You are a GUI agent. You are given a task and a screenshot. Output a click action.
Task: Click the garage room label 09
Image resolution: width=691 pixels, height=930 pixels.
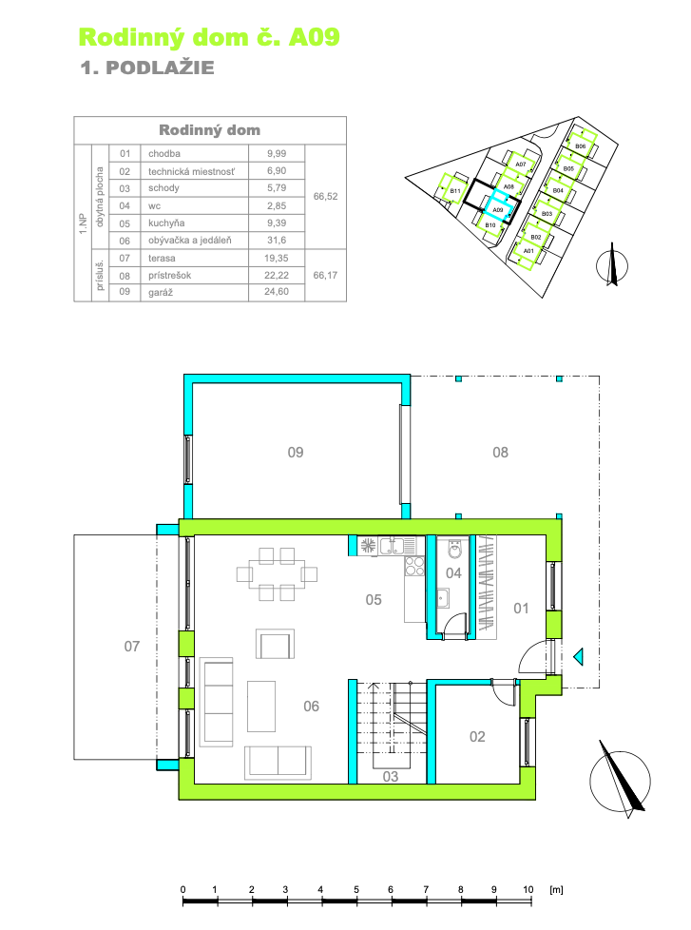pos(296,453)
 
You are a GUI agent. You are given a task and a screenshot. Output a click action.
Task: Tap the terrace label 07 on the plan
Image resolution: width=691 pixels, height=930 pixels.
pos(132,647)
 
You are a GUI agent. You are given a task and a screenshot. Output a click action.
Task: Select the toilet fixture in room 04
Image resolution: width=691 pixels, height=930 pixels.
pos(455,549)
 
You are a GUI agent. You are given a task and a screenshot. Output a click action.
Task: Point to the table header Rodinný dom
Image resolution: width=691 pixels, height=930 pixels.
pos(209,130)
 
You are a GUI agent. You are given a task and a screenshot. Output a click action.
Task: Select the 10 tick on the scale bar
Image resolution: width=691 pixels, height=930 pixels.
pos(528,889)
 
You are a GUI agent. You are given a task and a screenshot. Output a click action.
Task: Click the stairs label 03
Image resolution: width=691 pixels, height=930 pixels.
pos(390,777)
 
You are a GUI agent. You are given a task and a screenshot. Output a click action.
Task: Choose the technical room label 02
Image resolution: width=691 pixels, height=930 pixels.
pos(477,736)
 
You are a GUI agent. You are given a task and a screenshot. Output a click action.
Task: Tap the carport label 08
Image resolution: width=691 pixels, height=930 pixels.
pos(500,453)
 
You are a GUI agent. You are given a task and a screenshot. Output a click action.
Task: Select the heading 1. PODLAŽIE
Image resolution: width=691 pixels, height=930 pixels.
pos(147,68)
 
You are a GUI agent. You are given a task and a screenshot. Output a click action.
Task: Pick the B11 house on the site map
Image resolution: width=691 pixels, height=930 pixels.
pos(454,191)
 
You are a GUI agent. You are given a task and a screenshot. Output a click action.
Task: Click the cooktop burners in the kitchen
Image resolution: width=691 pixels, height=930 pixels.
pos(414,567)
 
